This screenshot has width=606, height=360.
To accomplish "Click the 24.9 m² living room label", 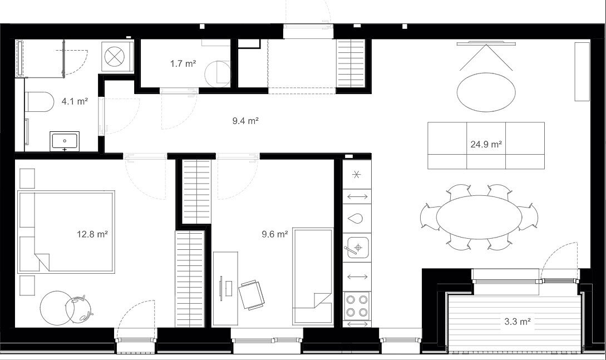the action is [x=486, y=145].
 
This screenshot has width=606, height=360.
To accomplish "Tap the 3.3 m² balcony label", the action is [x=517, y=321].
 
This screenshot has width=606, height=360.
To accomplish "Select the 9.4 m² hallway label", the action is [x=245, y=121].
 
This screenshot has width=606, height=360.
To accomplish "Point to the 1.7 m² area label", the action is [x=183, y=63].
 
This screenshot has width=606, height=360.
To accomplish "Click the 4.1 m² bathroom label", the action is [x=75, y=102].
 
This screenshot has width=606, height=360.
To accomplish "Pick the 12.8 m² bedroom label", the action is [x=92, y=234].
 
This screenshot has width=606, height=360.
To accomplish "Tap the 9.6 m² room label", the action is [x=275, y=234].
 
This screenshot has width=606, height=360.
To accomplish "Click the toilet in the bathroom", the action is [x=39, y=102].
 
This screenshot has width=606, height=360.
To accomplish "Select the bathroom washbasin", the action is [x=65, y=141].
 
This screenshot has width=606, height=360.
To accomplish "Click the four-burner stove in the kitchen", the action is [x=357, y=305].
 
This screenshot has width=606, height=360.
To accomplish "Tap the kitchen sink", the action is [x=357, y=247].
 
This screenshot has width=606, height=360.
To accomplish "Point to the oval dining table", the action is [x=479, y=216].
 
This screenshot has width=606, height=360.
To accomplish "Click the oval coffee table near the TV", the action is [x=486, y=92].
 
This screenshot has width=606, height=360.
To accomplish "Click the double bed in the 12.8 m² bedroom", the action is [x=66, y=232].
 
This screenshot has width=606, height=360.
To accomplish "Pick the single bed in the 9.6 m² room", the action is [x=313, y=276].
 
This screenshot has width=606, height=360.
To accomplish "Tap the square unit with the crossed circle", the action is [x=117, y=56].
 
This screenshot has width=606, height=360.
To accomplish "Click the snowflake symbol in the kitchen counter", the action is [x=357, y=175].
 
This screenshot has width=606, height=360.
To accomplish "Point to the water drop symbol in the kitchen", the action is [x=355, y=219].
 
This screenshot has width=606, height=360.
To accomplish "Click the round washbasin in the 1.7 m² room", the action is [x=218, y=74].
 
